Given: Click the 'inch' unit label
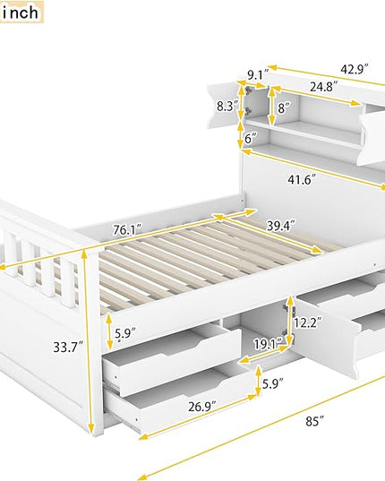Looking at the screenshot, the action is tap(21, 13).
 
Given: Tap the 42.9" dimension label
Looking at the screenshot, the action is tap(355, 69).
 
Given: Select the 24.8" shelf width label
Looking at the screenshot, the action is tap(324, 87).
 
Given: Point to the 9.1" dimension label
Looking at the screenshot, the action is tap(258, 75).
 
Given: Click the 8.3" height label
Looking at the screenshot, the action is tap(227, 106).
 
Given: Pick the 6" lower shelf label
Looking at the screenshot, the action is tap(251, 139).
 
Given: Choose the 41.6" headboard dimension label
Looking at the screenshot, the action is tap(302, 179).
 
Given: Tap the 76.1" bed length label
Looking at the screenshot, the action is tap(127, 229).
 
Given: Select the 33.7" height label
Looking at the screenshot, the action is tap(68, 347).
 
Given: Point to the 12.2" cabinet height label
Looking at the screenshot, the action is tap(307, 322).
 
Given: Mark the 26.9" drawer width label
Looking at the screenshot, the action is tap(202, 407).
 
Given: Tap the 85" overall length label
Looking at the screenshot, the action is tap(315, 421).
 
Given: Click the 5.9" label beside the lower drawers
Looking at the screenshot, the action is tap(272, 383).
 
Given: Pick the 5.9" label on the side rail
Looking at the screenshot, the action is tap(125, 333).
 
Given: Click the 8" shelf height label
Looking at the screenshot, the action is tap(284, 108).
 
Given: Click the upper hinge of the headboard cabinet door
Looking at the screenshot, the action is tap(248, 90).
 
